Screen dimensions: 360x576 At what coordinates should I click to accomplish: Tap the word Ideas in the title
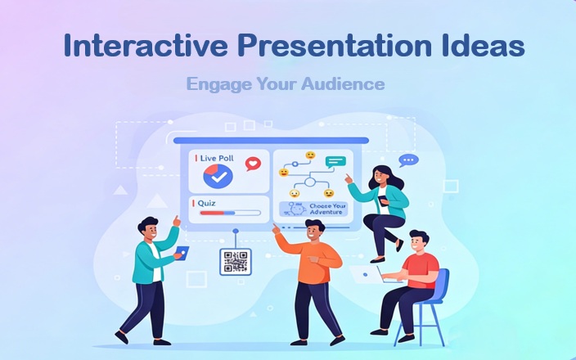coord(483,46)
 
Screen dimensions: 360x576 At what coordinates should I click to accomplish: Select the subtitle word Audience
coord(344,83)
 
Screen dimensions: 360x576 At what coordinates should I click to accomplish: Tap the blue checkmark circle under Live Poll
coord(218,175)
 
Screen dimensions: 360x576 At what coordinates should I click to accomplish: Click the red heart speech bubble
coord(253,164)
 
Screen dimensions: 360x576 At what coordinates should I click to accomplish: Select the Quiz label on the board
coord(208,201)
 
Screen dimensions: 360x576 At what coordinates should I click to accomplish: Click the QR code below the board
coord(235,262)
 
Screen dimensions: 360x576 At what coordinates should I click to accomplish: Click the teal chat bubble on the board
coord(335,161)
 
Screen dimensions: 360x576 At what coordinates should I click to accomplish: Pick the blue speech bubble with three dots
coord(408,160)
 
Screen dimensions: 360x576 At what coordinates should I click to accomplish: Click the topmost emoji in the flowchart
coord(310,155)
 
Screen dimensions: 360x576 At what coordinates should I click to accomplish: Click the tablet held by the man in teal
coord(182,252)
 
